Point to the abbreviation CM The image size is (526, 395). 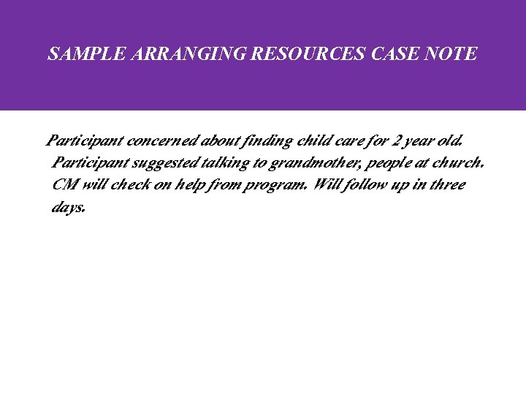pos(65,184)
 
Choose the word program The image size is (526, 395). pos(278,185)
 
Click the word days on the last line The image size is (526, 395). pos(69,207)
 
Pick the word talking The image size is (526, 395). pos(231,162)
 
